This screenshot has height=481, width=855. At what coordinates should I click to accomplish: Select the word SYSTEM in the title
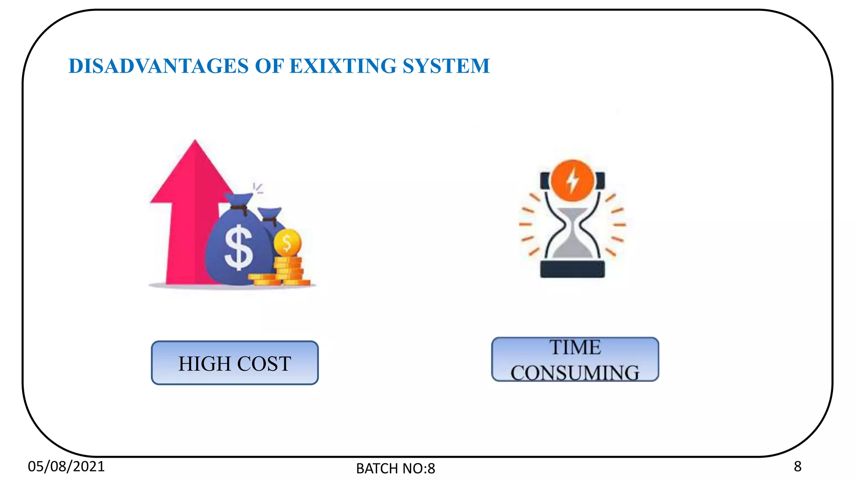(x=446, y=66)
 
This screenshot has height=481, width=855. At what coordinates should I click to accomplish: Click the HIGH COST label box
(x=235, y=363)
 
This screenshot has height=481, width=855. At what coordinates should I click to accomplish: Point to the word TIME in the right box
(x=575, y=348)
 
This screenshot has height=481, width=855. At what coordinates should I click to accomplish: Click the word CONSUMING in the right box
(x=575, y=372)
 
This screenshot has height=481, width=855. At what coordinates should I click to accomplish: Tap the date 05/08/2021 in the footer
(x=66, y=466)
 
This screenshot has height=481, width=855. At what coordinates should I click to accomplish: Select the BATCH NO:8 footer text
(x=395, y=468)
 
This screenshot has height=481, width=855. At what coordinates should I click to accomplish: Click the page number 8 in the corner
(x=797, y=466)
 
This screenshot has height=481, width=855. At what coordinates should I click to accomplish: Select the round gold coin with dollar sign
(x=287, y=242)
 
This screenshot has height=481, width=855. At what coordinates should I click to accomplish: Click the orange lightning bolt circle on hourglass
(x=572, y=181)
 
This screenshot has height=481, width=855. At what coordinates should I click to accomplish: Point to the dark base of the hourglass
(x=572, y=269)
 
